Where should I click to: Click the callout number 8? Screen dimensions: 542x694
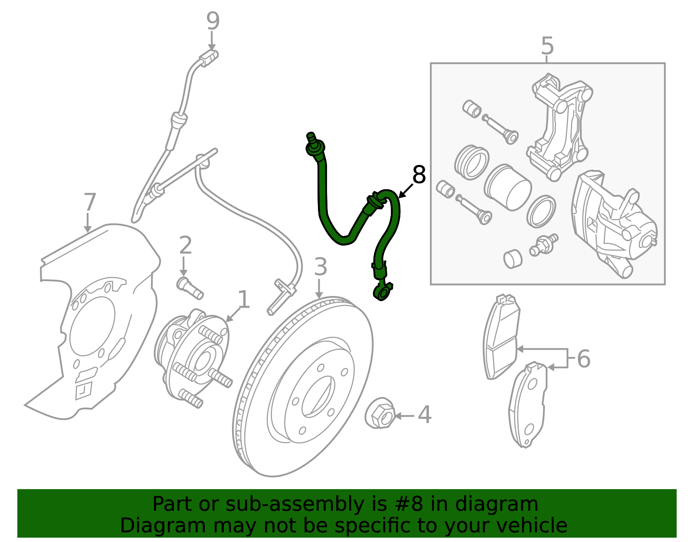coord(419,175)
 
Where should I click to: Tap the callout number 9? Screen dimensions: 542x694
coord(213,22)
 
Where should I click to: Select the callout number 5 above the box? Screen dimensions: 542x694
coord(547,46)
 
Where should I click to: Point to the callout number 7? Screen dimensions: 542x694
coord(89,203)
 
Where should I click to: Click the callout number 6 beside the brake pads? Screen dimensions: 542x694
coord(583,359)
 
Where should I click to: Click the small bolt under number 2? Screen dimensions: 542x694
coord(190,288)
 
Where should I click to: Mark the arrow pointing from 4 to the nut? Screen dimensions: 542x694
coord(405,416)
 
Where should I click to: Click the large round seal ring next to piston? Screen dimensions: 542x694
coord(472,162)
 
